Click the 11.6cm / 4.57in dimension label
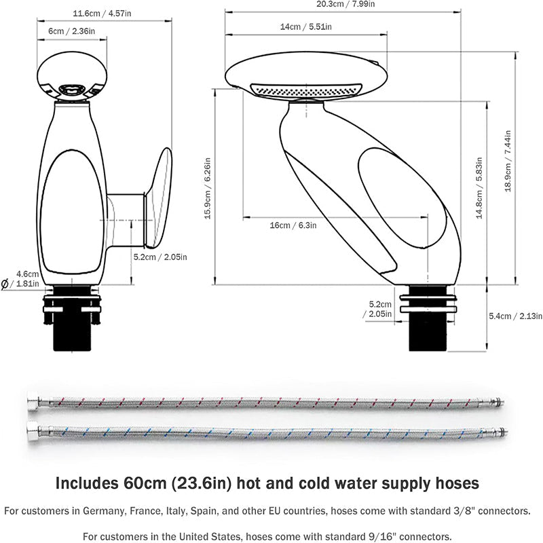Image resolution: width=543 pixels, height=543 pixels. pyautogui.click(x=102, y=12)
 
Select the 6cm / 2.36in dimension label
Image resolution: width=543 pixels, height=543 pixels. pyautogui.click(x=71, y=31)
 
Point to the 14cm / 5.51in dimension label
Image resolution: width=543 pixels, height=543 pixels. pyautogui.click(x=305, y=26)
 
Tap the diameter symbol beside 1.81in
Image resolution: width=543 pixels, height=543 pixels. pyautogui.click(x=5, y=284)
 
